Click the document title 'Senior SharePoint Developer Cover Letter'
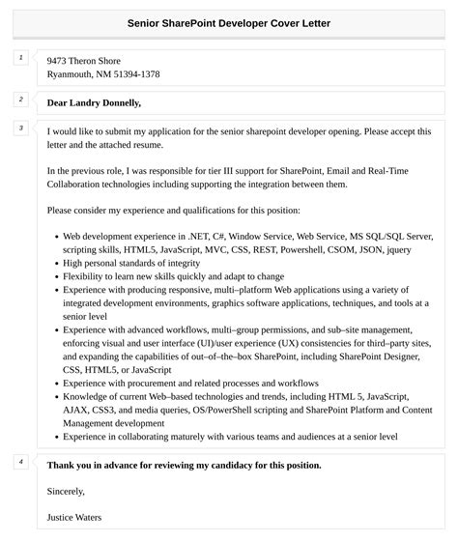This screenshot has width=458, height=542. [x=229, y=22]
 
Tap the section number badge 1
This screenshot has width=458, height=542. [x=20, y=58]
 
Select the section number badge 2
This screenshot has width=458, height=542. [x=20, y=100]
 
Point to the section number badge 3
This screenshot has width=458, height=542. [x=20, y=128]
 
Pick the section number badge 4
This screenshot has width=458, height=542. [x=20, y=462]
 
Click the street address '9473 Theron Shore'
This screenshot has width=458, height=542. [x=84, y=60]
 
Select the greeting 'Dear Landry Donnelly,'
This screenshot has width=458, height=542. [x=94, y=102]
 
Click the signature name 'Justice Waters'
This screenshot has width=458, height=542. [x=74, y=517]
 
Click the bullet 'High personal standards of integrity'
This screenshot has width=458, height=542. [x=131, y=262]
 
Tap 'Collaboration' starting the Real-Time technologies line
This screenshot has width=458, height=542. [x=76, y=184]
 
